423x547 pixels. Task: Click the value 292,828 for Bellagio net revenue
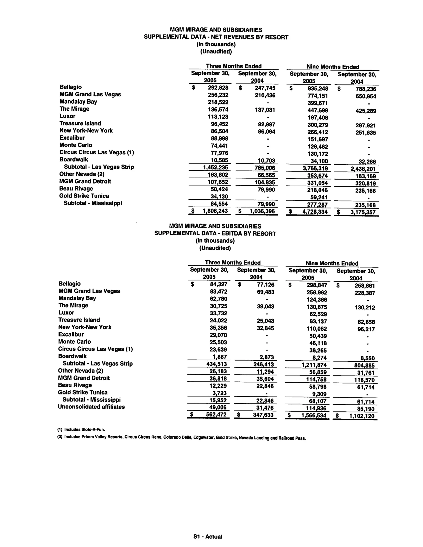pyautogui.click(x=218, y=88)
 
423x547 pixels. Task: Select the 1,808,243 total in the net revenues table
pyautogui.click(x=215, y=211)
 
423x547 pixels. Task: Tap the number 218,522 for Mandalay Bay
pyautogui.click(x=218, y=102)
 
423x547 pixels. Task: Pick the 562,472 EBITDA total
pyautogui.click(x=216, y=414)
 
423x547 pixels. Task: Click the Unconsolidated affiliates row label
pyautogui.click(x=91, y=407)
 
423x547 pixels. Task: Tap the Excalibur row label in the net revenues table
pyautogui.click(x=72, y=138)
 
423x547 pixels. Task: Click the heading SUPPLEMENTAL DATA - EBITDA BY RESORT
pyautogui.click(x=215, y=233)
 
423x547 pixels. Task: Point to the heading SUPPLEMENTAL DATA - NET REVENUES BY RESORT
pyautogui.click(x=216, y=37)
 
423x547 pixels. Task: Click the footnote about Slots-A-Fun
pyautogui.click(x=81, y=430)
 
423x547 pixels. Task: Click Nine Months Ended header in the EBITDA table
pyautogui.click(x=332, y=263)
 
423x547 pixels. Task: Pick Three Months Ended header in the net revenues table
pyautogui.click(x=234, y=66)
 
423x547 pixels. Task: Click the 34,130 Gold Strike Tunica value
pyautogui.click(x=219, y=196)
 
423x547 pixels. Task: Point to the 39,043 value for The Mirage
pyautogui.click(x=265, y=306)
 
